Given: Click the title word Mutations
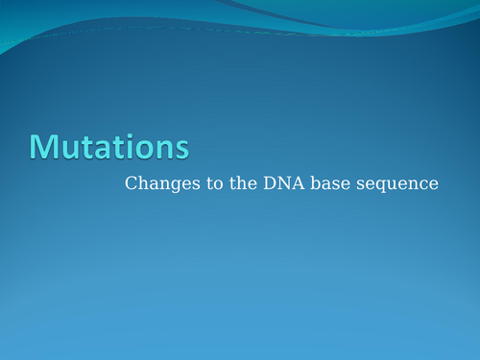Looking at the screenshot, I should point(108,146).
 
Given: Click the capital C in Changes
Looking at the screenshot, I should point(131,183).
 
